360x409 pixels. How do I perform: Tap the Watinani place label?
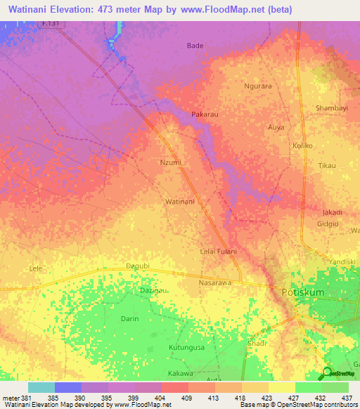(179, 202)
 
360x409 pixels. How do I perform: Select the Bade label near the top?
(195, 46)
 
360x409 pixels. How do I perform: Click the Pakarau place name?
(207, 114)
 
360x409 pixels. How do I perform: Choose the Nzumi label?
(171, 162)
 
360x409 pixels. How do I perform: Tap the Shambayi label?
(333, 108)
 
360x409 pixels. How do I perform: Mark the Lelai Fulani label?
(219, 252)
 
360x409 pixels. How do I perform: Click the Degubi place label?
(138, 266)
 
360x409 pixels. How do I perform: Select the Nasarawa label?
(215, 282)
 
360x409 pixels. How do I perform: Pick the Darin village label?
(129, 318)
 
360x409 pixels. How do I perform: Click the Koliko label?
(302, 145)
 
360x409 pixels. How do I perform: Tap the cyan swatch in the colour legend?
(41, 387)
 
